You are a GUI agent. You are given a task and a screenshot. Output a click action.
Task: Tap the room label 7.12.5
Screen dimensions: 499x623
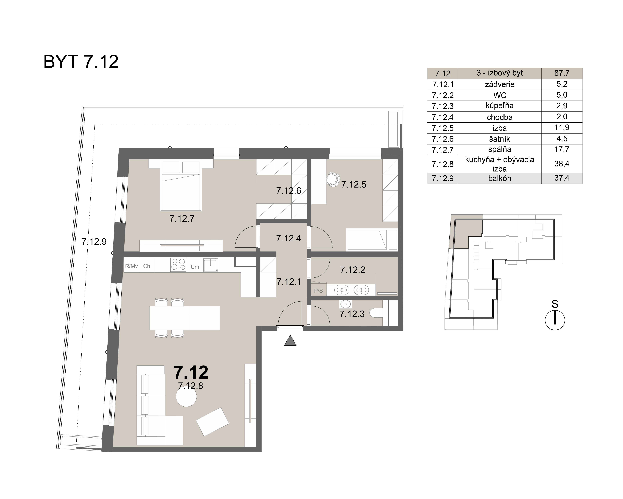click(354, 185)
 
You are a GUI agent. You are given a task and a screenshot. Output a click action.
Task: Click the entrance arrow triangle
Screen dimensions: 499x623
click(290, 341)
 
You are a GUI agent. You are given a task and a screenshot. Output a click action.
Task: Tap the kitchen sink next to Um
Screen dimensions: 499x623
click(211, 265)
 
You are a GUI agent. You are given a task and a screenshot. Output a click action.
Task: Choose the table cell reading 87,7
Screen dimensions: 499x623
click(561, 73)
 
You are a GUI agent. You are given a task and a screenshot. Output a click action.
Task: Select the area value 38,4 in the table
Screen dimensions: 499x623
click(561, 164)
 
